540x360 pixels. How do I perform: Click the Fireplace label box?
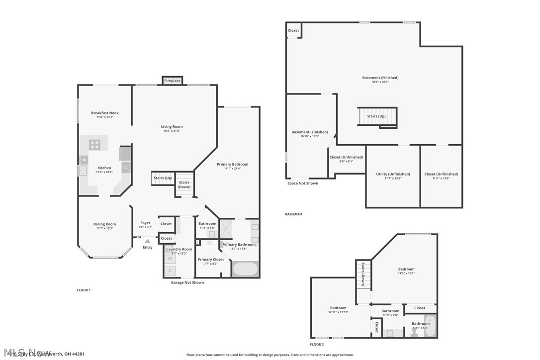pyautogui.click(x=173, y=81)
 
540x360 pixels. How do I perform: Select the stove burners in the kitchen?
pyautogui.click(x=95, y=145)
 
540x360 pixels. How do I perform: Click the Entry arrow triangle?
pyautogui.click(x=148, y=241)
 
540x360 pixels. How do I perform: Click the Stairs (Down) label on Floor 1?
pyautogui.click(x=184, y=184)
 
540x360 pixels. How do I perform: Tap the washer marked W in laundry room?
pyautogui.click(x=171, y=259)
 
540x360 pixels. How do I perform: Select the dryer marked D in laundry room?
pyautogui.click(x=171, y=271)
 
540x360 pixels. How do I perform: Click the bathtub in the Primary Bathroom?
pyautogui.click(x=245, y=270)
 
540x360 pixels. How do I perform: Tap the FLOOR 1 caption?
pyautogui.click(x=84, y=290)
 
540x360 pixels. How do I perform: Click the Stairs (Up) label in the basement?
pyautogui.click(x=376, y=116)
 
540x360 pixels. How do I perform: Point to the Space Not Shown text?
pyautogui.click(x=303, y=183)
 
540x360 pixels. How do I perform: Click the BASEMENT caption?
pyautogui.click(x=293, y=214)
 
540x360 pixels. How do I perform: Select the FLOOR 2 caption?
pyautogui.click(x=317, y=344)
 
